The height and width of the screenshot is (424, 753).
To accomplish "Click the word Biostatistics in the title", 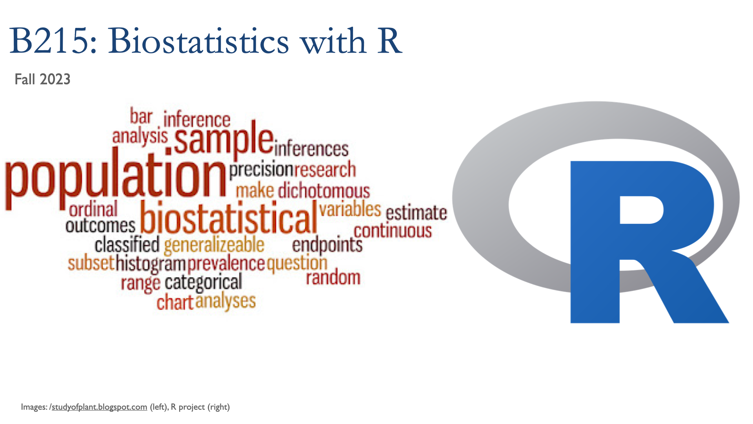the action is (x=199, y=41).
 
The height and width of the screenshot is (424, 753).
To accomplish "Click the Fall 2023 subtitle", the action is (x=42, y=79).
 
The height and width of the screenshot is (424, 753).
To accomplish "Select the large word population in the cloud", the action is (x=116, y=178).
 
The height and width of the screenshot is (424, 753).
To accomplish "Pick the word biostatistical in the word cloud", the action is (x=229, y=217).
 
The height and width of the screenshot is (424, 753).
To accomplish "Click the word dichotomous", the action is (x=324, y=191).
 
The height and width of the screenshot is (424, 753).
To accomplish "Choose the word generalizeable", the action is (x=214, y=245).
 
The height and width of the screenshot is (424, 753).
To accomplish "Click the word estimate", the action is (x=416, y=212).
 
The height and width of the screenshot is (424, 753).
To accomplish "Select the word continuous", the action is (x=393, y=230).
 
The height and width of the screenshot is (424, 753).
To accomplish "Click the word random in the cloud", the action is (x=333, y=278).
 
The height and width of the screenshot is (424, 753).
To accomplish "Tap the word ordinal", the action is (x=93, y=209).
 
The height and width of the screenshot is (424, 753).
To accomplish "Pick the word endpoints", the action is (x=327, y=245).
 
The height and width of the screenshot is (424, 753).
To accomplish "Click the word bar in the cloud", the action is (x=141, y=116).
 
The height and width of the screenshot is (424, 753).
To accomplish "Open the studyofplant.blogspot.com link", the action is (x=99, y=407).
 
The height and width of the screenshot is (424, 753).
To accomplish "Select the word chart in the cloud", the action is (x=175, y=303).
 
